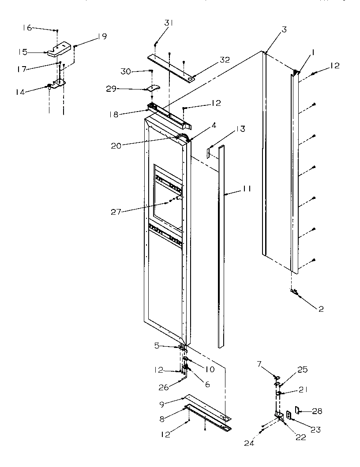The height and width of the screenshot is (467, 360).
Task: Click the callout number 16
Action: click(x=27, y=27)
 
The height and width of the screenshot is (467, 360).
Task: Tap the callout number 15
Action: click(x=23, y=52)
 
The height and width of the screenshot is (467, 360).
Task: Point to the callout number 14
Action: click(x=20, y=92)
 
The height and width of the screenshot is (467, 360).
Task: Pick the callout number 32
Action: click(x=225, y=60)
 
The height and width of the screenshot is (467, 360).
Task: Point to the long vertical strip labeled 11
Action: click(x=221, y=247)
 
